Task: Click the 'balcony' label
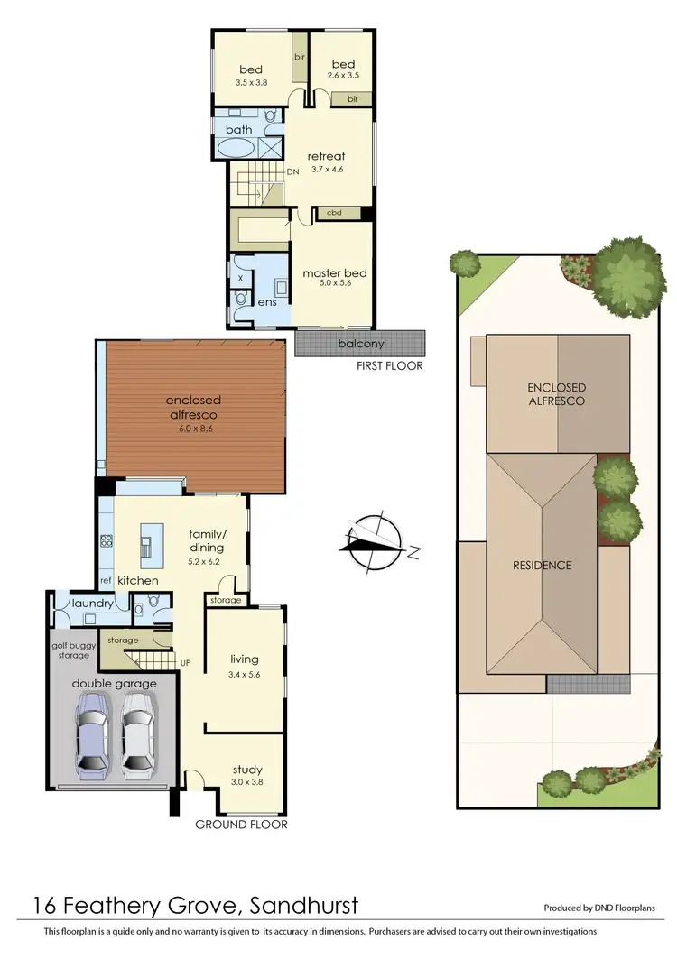click(359, 344)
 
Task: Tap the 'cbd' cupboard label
click(333, 213)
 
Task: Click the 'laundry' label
click(93, 603)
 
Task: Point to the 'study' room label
click(246, 770)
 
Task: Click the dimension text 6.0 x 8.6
click(193, 429)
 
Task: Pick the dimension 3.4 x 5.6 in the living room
click(246, 685)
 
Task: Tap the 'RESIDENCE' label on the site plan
click(542, 566)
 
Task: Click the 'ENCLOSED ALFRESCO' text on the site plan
click(556, 393)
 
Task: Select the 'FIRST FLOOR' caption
click(390, 366)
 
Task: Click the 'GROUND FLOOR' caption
click(243, 824)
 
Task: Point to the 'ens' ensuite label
click(267, 303)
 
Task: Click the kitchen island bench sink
click(144, 544)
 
